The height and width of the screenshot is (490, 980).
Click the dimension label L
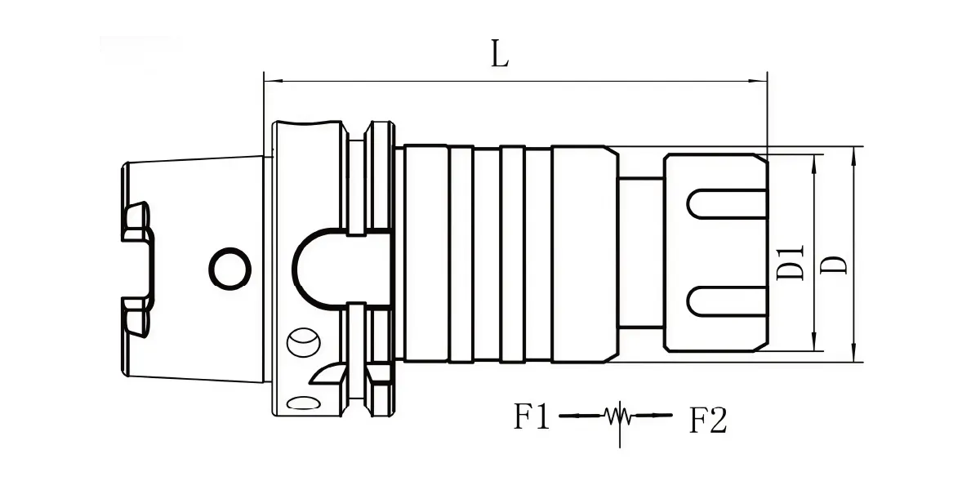pos(500,53)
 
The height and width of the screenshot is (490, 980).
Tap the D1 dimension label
pos(791,262)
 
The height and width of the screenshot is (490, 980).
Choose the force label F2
pos(708,420)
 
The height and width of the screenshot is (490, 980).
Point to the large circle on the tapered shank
pos(230,269)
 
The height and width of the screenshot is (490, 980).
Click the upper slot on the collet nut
pos(727,204)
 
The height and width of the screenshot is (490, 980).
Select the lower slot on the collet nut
pos(727,301)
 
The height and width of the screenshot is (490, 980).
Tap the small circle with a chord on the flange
pos(303,342)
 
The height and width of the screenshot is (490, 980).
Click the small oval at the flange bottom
pos(303,403)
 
